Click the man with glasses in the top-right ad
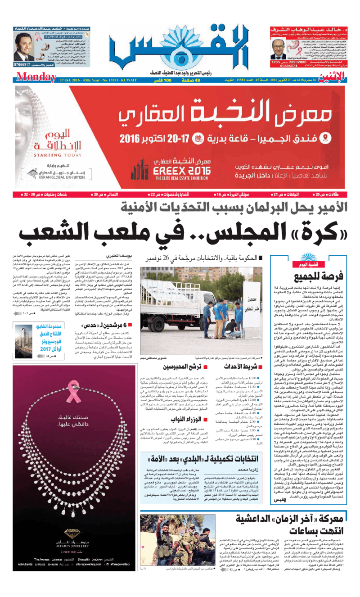click(x=276, y=47)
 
